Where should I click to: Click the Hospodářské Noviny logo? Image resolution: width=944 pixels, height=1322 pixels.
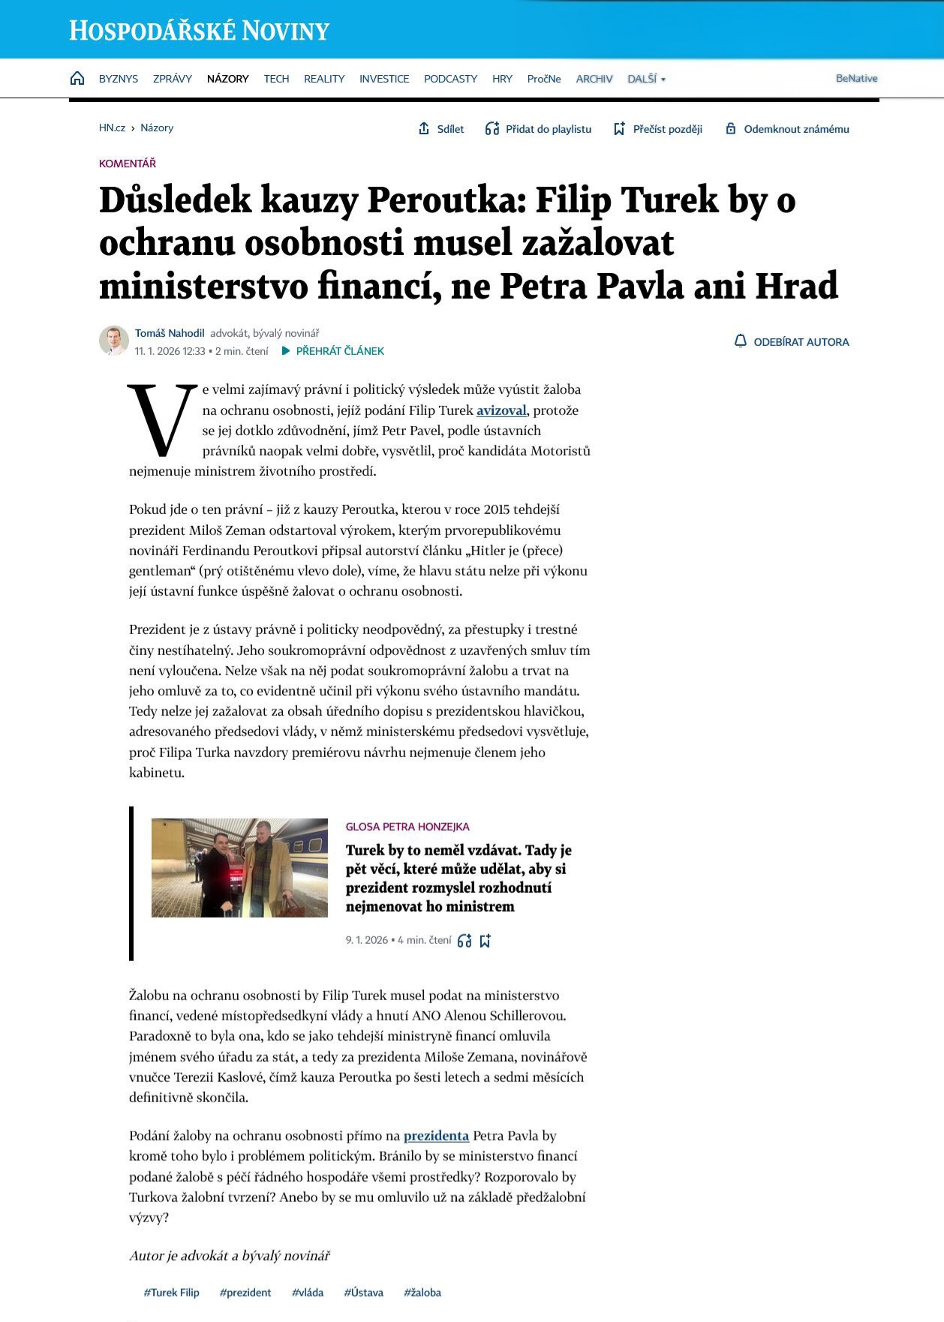click(200, 31)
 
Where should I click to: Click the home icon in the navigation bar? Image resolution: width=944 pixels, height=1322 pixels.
click(77, 78)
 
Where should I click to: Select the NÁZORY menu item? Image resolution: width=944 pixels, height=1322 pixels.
click(227, 79)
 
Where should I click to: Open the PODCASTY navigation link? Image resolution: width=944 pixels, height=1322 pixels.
click(450, 79)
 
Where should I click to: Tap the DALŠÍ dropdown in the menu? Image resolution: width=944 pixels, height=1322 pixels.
click(646, 79)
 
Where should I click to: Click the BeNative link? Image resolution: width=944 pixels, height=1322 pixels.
click(856, 78)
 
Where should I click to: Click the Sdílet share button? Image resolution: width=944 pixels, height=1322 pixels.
click(441, 129)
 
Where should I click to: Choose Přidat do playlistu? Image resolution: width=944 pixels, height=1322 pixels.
click(539, 129)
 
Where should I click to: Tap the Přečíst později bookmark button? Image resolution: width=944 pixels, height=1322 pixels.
click(658, 129)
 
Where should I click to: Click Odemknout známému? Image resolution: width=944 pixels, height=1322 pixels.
click(787, 129)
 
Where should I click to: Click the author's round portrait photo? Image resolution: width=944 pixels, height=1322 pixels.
click(114, 341)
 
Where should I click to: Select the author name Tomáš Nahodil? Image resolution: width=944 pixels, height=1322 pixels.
click(170, 333)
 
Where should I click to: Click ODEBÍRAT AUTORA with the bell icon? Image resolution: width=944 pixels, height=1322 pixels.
click(792, 341)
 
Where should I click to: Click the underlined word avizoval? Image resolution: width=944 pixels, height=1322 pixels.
click(501, 410)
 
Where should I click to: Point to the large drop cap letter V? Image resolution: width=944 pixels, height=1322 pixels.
click(161, 420)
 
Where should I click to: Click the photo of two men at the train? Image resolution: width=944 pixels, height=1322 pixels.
click(239, 867)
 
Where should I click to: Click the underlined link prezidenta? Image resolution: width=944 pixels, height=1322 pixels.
click(436, 1135)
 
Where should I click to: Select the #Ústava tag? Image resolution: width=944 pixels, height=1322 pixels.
click(363, 1292)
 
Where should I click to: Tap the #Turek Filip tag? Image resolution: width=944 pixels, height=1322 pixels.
click(171, 1292)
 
